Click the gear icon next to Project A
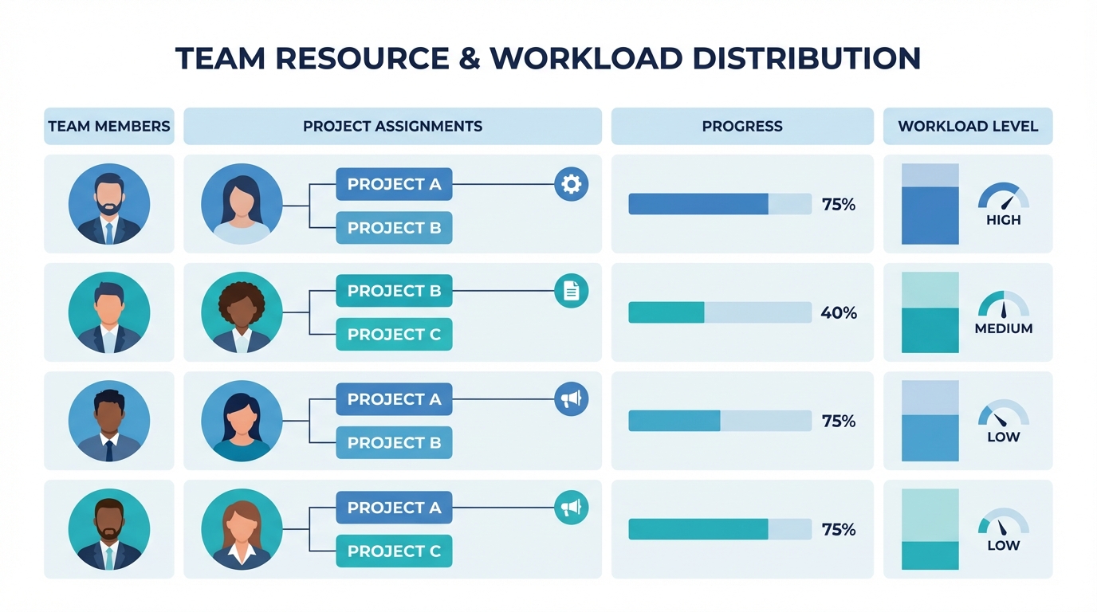coord(571,184)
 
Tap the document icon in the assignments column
coord(571,291)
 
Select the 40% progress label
coord(839,313)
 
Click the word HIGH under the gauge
coord(1003,220)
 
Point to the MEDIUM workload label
coord(1003,328)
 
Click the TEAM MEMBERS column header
coord(109,126)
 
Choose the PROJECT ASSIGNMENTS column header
coord(392,126)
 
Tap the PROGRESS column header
coord(742,126)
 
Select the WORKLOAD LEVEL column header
coord(968,126)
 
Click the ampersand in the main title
coord(466,58)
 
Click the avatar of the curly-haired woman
coord(242,312)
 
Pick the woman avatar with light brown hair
coord(242,529)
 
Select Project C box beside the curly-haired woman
coord(394,335)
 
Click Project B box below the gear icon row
coord(394,228)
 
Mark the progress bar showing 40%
coord(720,312)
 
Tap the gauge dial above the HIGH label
coord(1003,197)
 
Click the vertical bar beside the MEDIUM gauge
coord(930,312)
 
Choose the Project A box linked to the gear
coord(394,184)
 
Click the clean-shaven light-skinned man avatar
coord(109,312)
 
